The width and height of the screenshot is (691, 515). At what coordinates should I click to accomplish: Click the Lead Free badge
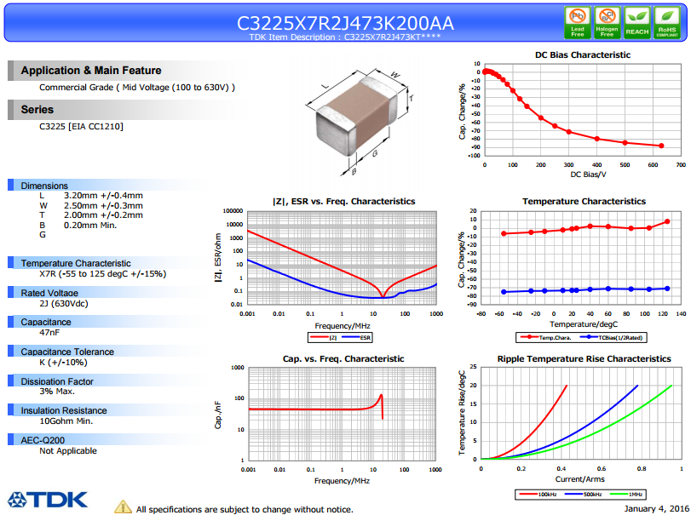578,21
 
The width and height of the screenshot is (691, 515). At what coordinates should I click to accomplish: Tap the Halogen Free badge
608,21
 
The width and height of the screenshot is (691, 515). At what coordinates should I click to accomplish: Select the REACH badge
636,21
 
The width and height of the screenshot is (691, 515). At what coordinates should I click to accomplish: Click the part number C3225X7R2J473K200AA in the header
345,23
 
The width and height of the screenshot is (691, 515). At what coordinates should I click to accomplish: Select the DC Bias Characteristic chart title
583,54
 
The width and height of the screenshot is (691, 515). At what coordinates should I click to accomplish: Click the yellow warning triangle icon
123,506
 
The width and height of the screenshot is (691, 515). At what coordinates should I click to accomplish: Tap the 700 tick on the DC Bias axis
679,164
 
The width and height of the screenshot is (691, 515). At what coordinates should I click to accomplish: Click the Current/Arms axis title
583,478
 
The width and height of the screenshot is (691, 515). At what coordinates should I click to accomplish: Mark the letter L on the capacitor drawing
324,86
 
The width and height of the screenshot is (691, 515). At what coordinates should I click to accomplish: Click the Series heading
37,110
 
